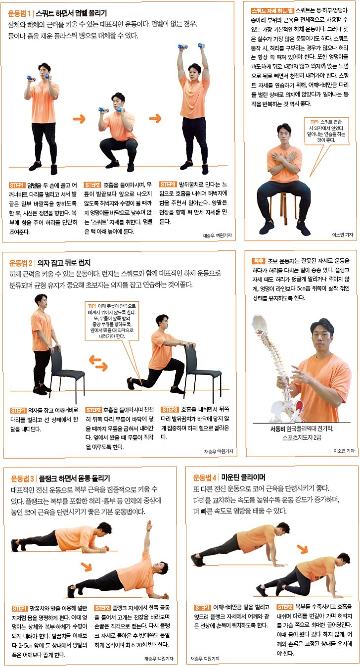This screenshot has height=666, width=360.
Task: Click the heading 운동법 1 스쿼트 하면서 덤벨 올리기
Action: tap(57, 13)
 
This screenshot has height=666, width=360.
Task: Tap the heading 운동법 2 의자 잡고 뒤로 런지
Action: tap(50, 263)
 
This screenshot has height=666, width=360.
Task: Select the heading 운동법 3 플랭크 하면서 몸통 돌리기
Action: tap(60, 478)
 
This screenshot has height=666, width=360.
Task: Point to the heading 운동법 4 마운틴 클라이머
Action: tap(229, 477)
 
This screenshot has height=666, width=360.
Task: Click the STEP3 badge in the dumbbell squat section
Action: tap(168, 185)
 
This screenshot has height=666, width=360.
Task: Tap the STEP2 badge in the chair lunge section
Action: tap(93, 410)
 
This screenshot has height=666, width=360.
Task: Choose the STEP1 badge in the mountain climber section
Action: tap(203, 607)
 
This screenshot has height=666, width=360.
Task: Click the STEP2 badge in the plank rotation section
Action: tap(102, 608)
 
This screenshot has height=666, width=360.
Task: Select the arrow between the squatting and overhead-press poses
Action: tap(155, 119)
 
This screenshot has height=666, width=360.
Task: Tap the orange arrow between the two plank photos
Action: tap(87, 567)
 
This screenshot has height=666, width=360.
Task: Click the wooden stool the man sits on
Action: tap(284, 208)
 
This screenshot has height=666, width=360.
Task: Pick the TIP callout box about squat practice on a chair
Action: tap(326, 131)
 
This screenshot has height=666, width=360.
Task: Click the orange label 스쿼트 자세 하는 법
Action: tap(272, 11)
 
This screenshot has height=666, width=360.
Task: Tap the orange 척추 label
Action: tap(258, 261)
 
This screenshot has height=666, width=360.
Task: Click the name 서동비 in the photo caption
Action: tap(278, 428)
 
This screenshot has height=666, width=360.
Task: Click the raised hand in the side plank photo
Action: tap(149, 526)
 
